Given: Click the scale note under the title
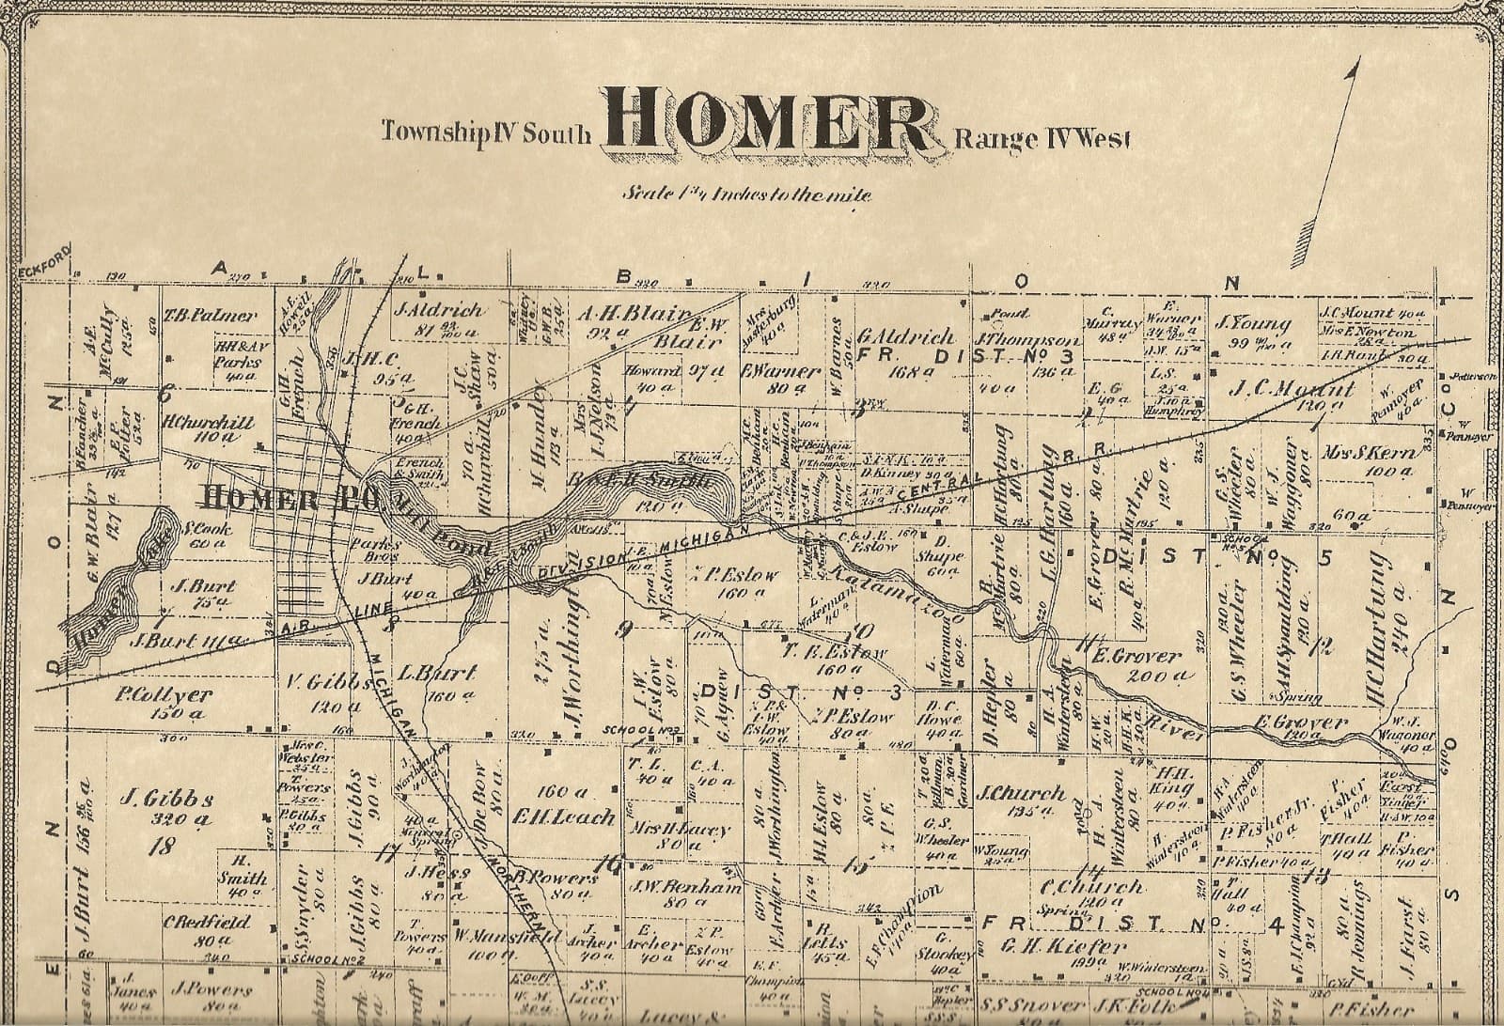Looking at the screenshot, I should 746,195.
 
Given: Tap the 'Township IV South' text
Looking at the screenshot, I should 486,132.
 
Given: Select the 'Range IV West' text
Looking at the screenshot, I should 1042,139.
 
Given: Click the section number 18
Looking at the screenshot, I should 164,846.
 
